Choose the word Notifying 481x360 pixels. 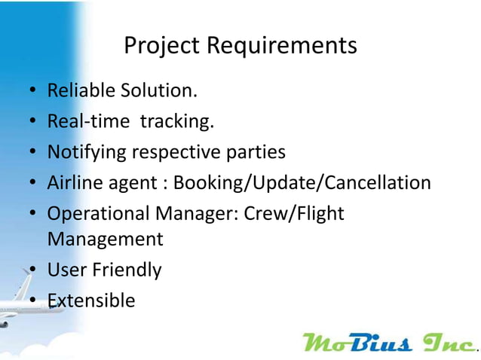pyautogui.click(x=87, y=152)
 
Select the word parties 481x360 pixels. pyautogui.click(x=256, y=152)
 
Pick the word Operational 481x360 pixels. pyautogui.click(x=97, y=214)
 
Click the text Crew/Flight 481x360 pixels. pyautogui.click(x=295, y=214)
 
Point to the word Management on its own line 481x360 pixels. pyautogui.click(x=105, y=239)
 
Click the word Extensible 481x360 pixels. pyautogui.click(x=91, y=301)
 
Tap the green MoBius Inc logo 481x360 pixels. pyautogui.click(x=389, y=342)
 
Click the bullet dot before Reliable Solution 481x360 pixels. pyautogui.click(x=33, y=92)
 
